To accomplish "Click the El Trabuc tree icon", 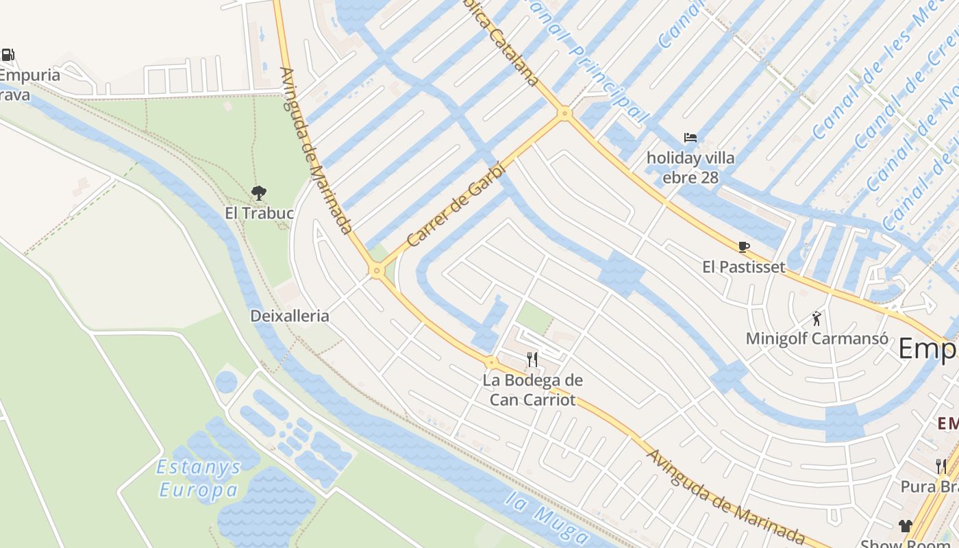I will coord(259,193).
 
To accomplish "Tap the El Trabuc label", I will coord(259,213).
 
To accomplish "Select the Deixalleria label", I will coord(290,316).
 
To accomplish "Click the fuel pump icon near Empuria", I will coord(8,55).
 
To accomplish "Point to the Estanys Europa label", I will coord(199,479).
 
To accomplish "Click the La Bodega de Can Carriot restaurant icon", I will coord(532,359).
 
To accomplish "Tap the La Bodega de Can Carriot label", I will coord(532,390).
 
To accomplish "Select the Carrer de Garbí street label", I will coord(456,204).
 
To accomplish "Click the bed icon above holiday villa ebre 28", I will coord(690,138).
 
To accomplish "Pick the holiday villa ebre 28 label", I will coord(690,168).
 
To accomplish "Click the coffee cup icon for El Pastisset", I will coord(744,247).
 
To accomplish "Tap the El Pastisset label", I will coord(744,266).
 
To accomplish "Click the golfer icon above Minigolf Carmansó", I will coord(817,318).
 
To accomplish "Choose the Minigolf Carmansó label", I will coord(817,338).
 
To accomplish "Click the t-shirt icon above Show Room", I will coord(906,526).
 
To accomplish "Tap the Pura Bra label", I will coord(929,486).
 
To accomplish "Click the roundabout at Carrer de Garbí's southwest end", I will coord(376,271).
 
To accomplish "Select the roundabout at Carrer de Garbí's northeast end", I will coord(564,113).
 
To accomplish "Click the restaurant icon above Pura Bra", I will coord(941,466).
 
